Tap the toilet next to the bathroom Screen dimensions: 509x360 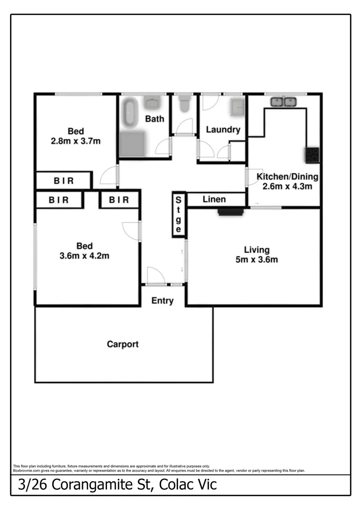click(x=184, y=104)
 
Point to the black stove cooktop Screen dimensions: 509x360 click(x=312, y=155)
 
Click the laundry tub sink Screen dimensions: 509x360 click(x=237, y=107)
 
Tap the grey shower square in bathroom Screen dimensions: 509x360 click(x=133, y=144)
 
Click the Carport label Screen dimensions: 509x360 click(x=123, y=344)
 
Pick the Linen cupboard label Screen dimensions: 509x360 click(x=214, y=199)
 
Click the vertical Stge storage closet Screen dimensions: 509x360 click(x=178, y=214)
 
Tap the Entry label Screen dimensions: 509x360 click(x=162, y=301)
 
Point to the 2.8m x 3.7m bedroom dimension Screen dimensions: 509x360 click(x=76, y=140)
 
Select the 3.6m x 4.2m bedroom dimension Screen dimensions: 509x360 click(x=85, y=256)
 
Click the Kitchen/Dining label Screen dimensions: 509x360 click(x=287, y=177)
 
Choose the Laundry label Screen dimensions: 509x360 click(x=223, y=130)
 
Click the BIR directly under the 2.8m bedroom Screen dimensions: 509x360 click(x=63, y=181)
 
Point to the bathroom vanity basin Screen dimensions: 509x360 click(x=152, y=102)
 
